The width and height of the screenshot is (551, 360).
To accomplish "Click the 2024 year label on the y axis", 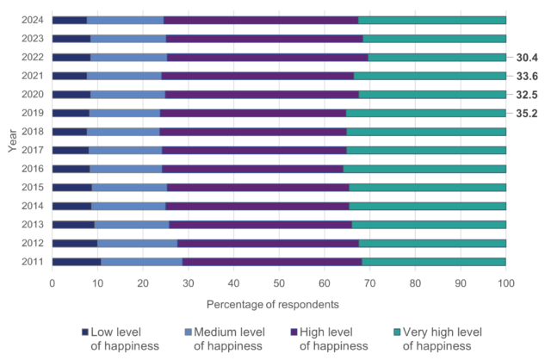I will coord(32,20).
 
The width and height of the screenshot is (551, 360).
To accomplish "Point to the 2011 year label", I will coord(32,261).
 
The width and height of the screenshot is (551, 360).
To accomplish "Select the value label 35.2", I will coord(528,113).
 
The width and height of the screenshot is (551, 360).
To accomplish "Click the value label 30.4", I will coord(528,58).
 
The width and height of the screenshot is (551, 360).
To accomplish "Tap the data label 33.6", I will coord(528,76).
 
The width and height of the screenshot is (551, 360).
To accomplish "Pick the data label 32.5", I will coord(528,95).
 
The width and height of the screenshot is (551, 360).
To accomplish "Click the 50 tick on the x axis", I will coord(279,282).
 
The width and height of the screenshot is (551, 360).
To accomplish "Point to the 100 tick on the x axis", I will coord(506,282).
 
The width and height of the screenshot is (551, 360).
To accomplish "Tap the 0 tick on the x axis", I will coord(53,282).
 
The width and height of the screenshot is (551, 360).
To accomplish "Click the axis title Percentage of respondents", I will coord(279,304).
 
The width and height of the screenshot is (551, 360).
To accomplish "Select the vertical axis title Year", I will coord(13,140).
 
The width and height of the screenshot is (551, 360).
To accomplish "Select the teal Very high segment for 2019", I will coord(426,113).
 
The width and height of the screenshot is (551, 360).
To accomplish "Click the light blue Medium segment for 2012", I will coord(138,243).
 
